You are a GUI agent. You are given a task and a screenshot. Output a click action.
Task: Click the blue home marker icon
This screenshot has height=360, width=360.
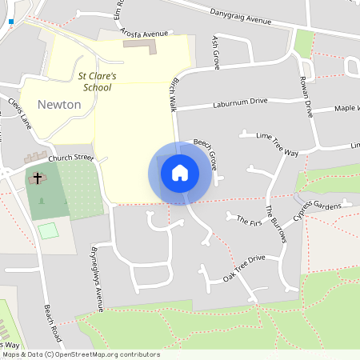[180, 173]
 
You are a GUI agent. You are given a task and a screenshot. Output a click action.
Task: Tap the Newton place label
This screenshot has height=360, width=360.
[59, 104]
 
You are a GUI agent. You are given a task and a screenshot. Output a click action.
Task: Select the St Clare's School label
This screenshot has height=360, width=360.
[97, 81]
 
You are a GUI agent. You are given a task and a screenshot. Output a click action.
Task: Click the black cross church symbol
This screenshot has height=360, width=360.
[37, 175]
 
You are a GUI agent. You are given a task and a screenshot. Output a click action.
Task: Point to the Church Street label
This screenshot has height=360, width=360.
[70, 158]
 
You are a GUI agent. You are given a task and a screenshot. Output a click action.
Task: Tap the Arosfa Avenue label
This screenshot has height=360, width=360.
[144, 34]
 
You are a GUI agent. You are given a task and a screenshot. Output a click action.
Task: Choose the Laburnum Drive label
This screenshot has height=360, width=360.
[240, 103]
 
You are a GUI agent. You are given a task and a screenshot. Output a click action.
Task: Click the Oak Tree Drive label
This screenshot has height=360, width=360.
[244, 264]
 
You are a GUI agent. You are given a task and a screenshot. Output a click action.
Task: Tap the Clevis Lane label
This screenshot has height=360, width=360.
[18, 114]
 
